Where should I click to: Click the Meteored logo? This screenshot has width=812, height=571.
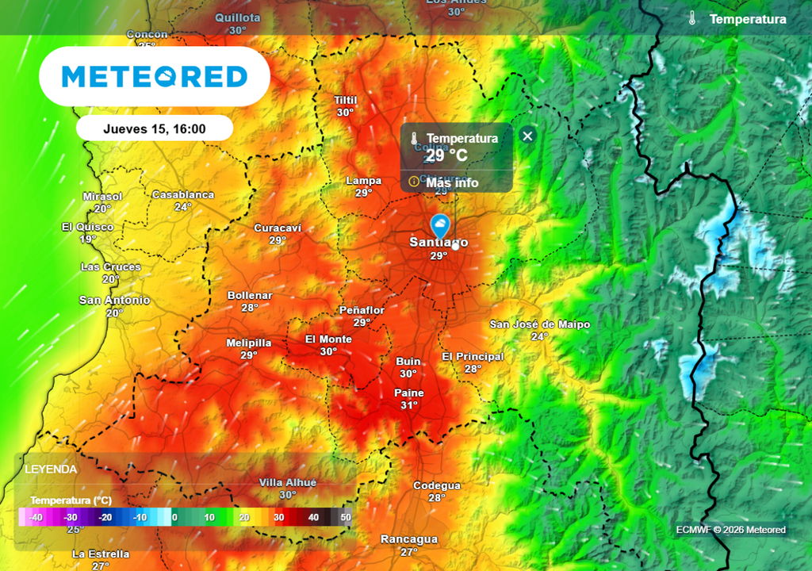pos(155,77)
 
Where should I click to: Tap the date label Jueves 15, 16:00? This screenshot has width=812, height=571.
pos(155,128)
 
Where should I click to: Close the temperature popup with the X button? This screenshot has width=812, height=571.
pos(527,136)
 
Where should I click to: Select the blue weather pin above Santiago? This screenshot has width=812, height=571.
pos(440,225)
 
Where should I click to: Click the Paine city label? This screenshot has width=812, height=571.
pos(409,393)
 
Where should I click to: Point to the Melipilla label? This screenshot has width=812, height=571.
pos(249,343)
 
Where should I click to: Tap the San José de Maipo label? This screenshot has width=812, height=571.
pos(540,324)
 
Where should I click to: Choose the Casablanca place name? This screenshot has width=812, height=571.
pos(183,195)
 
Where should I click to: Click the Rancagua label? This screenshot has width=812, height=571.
pos(409,539)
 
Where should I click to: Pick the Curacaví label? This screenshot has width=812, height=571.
pos(278,228)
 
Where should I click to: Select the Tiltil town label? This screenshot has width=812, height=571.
pos(346,101)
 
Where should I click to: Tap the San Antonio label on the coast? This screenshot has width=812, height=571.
pos(114,301)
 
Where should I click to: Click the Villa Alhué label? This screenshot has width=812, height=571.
pos(288,483)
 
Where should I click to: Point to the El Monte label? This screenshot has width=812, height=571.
pos(328,339)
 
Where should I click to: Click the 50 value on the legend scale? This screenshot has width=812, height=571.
pos(346,517)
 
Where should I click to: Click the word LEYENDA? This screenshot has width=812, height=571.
pos(52,469)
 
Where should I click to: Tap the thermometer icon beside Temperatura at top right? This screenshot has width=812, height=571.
pos(692,19)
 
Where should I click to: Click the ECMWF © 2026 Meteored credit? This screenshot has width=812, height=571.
pos(731,530)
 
